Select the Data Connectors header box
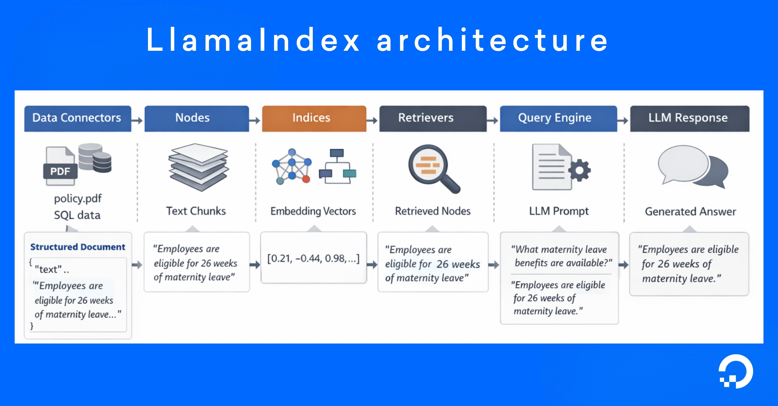pos(77,118)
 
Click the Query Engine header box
pos(558,118)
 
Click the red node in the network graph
pos(306,179)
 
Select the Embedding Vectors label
pos(313,211)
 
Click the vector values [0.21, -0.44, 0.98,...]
pos(313,258)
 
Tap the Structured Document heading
pos(78,247)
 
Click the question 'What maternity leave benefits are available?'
pos(561,256)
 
